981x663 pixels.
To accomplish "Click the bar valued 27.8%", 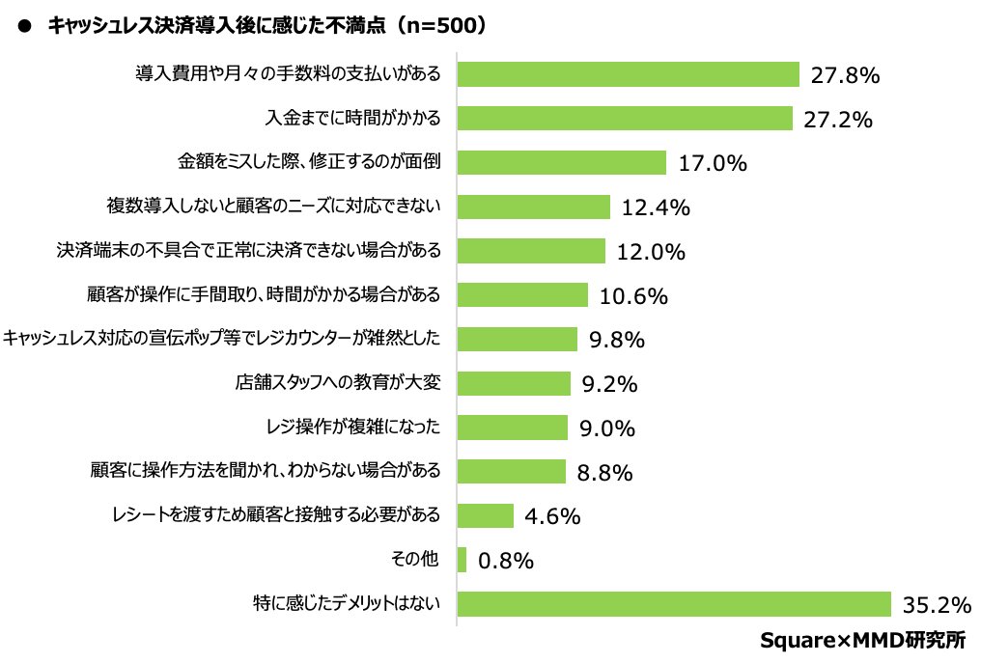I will (x=628, y=74).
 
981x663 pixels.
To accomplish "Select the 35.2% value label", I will (x=936, y=605).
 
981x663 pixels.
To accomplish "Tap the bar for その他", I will (x=462, y=560).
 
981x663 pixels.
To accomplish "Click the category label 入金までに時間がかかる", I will (x=353, y=119).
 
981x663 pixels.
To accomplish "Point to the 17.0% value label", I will (x=713, y=163).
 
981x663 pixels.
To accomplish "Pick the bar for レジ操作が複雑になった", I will (x=512, y=428).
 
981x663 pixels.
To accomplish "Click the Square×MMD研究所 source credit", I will (x=862, y=640).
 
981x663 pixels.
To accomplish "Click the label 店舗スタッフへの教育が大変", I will (x=338, y=383).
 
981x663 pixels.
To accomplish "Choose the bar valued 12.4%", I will (x=533, y=207).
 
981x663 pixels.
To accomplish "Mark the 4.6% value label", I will (x=552, y=516).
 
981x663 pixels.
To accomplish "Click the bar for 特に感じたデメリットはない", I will (x=673, y=604).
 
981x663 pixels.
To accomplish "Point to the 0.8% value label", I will (x=506, y=561).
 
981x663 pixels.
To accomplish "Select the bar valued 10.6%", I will (x=522, y=294).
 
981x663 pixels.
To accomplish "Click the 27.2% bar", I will (x=625, y=119).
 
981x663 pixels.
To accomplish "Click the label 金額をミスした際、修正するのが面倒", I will (x=309, y=162).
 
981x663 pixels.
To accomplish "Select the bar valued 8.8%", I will (x=511, y=471).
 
